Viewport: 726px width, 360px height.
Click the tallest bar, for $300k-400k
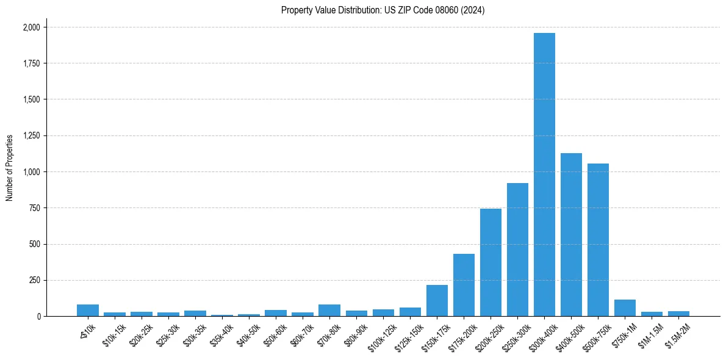[544, 175]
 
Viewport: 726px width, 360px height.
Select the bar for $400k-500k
[571, 235]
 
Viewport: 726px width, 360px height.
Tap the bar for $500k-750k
[598, 240]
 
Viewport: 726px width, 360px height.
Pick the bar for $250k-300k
[517, 250]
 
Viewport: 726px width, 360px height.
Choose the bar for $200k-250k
[491, 262]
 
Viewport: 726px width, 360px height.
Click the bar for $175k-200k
[464, 285]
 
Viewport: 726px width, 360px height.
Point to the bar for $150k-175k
[437, 301]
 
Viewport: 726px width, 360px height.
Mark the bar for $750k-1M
[625, 308]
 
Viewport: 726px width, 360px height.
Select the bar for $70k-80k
[329, 311]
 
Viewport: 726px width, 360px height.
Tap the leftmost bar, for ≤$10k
[88, 311]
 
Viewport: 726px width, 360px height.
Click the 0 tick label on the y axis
[38, 317]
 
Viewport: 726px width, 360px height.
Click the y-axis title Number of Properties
[10, 168]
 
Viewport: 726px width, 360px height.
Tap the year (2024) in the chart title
[473, 10]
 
